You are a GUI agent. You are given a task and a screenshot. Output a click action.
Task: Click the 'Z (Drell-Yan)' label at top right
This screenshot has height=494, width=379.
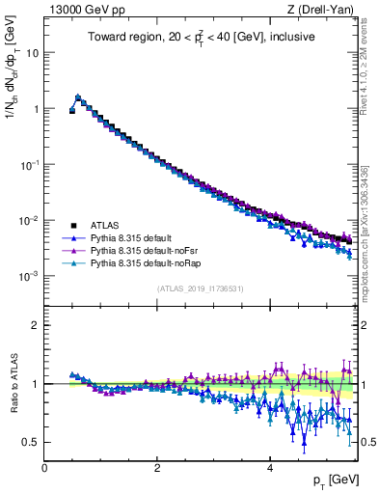tap(320, 10)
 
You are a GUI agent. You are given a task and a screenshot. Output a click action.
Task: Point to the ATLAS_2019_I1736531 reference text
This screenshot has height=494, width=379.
tap(200, 288)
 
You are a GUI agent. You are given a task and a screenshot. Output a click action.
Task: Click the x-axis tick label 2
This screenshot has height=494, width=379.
tap(157, 468)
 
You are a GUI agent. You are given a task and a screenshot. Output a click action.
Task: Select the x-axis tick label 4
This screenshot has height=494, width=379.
tap(269, 468)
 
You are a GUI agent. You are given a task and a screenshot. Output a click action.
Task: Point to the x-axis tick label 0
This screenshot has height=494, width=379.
tap(44, 468)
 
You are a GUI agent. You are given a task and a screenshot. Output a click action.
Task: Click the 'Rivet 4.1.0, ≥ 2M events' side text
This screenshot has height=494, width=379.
tap(369, 68)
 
